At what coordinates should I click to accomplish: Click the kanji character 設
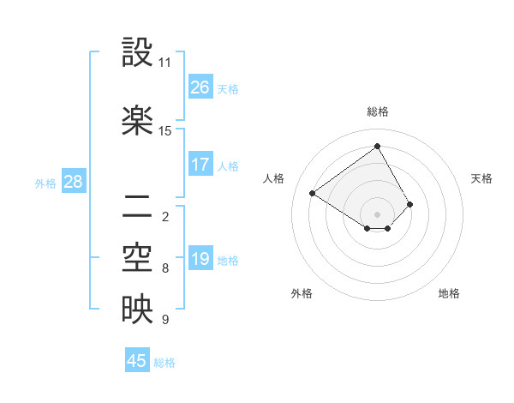137,53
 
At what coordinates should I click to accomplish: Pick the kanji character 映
137,310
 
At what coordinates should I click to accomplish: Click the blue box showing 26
200,87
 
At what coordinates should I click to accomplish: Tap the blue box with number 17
200,165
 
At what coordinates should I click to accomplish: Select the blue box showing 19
200,259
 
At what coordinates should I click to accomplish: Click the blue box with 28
74,182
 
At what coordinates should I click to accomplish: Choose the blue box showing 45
137,361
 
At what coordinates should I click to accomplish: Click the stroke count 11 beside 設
165,63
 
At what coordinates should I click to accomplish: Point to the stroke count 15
165,131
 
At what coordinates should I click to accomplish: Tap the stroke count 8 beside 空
165,268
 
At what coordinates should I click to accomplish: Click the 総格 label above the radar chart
377,111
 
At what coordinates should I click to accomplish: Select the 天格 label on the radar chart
481,178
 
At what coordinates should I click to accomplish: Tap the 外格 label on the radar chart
302,293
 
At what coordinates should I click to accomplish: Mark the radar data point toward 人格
313,194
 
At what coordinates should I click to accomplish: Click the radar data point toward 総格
377,147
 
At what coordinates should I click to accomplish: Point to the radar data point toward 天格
410,204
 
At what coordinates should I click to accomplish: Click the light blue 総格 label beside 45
165,363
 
